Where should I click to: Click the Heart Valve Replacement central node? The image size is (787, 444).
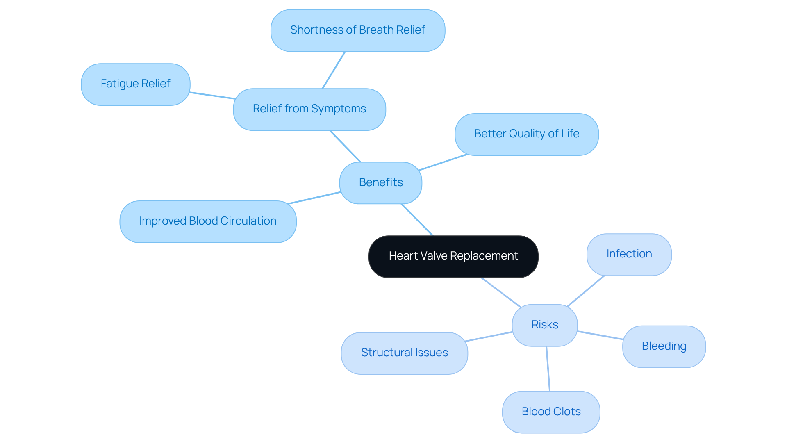pos(453,256)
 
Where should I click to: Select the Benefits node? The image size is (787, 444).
pos(381,182)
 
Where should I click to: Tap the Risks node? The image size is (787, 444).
pos(545,325)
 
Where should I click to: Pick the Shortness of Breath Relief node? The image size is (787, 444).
pos(357,30)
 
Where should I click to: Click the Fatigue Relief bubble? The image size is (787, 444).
pos(135,84)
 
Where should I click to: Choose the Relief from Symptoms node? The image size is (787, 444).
pos(309,109)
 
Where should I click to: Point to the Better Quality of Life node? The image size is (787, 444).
pos(526,134)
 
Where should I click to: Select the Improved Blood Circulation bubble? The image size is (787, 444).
pos(208,221)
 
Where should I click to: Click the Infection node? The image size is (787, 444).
pos(629,254)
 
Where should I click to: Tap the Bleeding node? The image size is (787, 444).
pos(664,346)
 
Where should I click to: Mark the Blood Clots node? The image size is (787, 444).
pos(551,412)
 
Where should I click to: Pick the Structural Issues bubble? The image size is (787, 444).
pos(404,353)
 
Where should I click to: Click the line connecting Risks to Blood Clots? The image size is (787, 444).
pos(548,369)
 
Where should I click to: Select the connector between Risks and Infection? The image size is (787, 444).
pos(586,291)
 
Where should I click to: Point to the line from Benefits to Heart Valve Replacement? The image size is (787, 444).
pos(417,220)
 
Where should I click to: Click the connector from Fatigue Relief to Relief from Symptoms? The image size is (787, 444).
pos(212,96)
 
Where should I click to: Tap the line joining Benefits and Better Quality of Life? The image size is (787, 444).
pos(443,162)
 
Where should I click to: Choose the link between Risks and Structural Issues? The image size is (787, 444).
pos(489,337)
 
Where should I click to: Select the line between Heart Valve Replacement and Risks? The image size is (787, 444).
pos(501,292)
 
